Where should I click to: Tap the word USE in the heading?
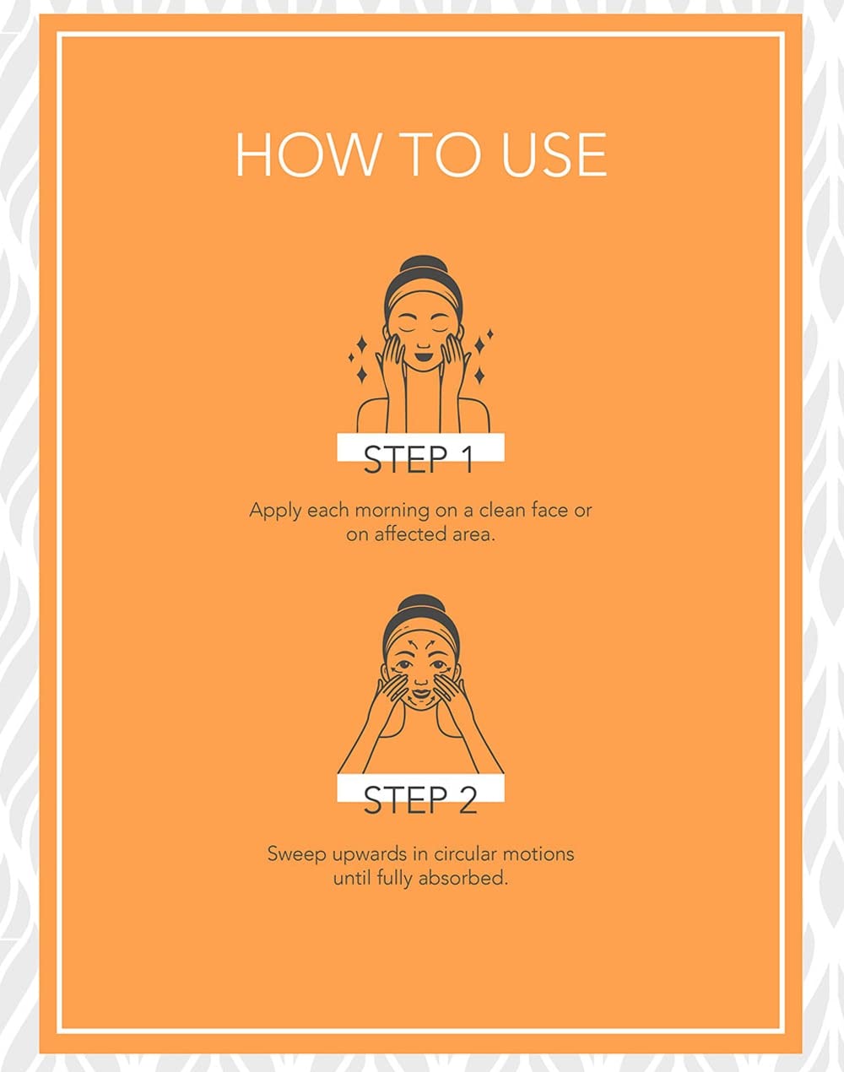pos(554,154)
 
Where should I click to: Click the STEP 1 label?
pos(418,459)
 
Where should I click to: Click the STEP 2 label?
pos(420,800)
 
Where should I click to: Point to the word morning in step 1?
pos(392,511)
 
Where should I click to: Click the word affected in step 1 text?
pos(402,534)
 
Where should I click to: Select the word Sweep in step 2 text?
pos(295,855)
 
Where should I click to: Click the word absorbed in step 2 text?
pos(463,878)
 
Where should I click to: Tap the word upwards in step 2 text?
pos(369,855)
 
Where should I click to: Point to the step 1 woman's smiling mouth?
pos(423,357)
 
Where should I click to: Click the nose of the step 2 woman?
pos(421,679)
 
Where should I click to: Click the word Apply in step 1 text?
pos(274,511)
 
